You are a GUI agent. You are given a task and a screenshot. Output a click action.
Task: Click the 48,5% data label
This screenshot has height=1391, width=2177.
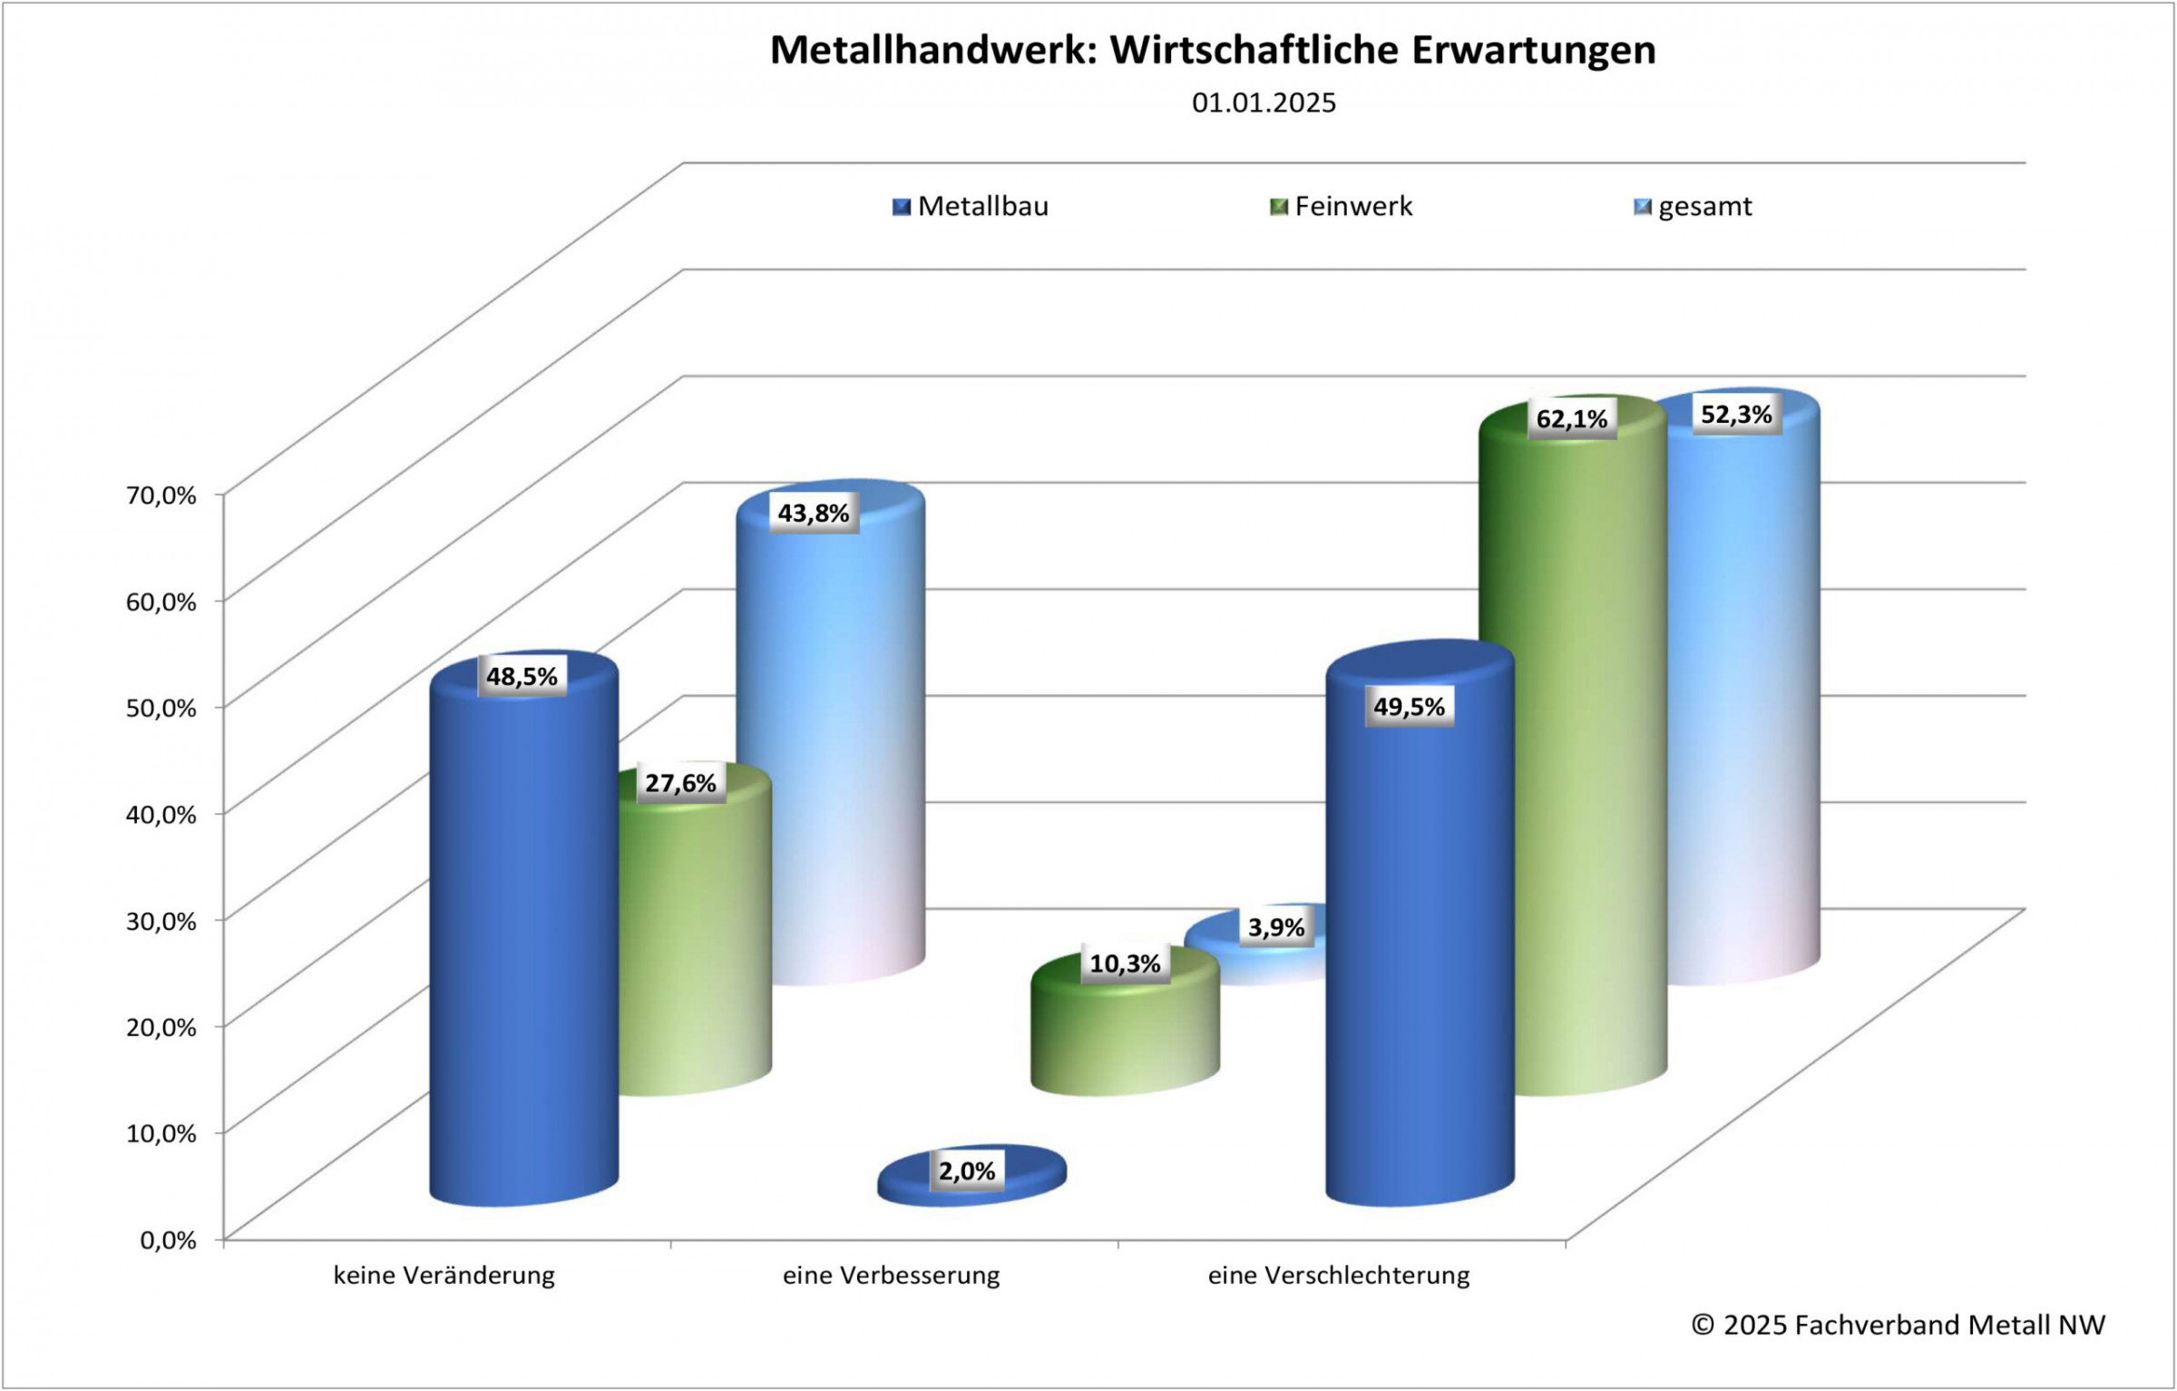pos(522,676)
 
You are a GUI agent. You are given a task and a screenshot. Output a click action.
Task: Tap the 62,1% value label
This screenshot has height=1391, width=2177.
pos(1571,418)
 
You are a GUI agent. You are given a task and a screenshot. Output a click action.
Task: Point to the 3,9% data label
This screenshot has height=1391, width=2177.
pos(1275,927)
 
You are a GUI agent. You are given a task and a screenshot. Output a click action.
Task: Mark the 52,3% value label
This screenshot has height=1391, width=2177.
pos(1736,415)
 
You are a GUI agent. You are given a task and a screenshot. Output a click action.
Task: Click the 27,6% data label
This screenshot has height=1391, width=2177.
pos(680,783)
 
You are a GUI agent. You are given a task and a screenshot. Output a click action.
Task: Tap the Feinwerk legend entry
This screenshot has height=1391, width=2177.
pos(1342,207)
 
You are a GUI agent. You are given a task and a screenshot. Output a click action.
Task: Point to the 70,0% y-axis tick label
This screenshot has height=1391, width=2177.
pos(161,495)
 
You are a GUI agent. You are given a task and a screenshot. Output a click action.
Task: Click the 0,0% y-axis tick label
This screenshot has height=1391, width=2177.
pos(168,1240)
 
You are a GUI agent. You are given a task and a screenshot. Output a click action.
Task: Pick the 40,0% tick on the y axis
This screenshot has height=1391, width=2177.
pos(161,815)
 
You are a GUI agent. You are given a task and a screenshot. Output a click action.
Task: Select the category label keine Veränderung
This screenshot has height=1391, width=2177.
pos(444,1276)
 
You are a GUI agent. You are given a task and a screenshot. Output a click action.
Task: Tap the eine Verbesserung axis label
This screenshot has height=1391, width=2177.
pos(891,1276)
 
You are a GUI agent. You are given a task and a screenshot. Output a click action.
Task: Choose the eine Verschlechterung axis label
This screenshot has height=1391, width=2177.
pos(1338,1276)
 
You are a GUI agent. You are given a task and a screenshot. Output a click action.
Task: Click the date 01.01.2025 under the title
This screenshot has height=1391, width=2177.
pos(1264,103)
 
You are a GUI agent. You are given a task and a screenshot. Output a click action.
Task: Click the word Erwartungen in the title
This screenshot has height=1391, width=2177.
pos(1533,50)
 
